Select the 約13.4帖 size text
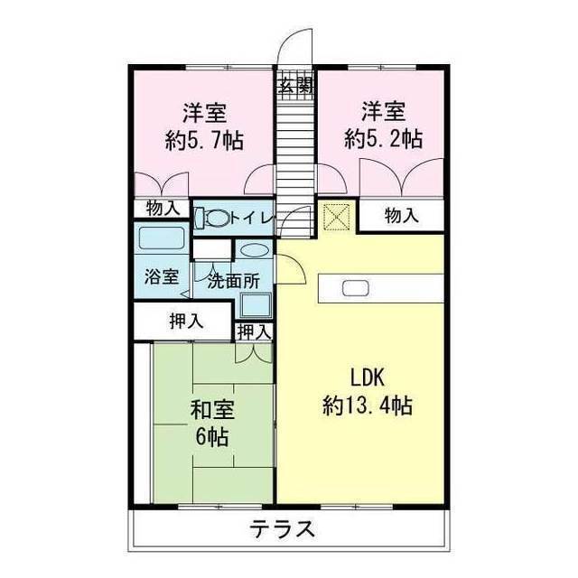tap(368, 406)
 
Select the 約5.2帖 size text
tap(383, 140)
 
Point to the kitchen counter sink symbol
tap(354, 290)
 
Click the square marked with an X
tap(336, 216)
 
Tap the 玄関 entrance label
tap(294, 88)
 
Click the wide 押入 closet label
tap(186, 321)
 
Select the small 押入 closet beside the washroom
tap(254, 331)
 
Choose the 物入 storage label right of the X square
tap(401, 216)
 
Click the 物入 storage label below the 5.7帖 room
tap(163, 209)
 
